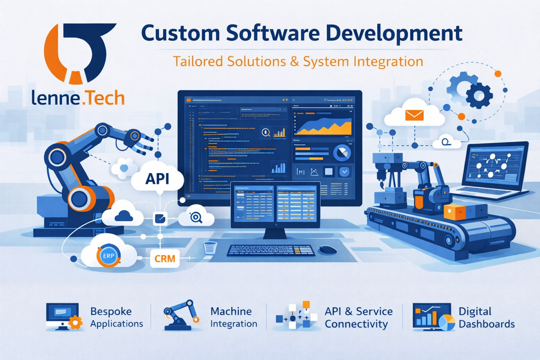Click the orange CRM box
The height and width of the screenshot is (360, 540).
pyautogui.click(x=164, y=258)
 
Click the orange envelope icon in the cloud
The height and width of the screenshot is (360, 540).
pyautogui.click(x=414, y=115)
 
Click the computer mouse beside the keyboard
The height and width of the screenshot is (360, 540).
pyautogui.click(x=327, y=250)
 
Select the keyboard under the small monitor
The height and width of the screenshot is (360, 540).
pyautogui.click(x=271, y=250)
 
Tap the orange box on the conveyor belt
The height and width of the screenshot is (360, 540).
pyautogui.click(x=454, y=213)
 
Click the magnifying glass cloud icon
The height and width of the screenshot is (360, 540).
pyautogui.click(x=196, y=217)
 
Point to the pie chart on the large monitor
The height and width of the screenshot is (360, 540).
pyautogui.click(x=342, y=154)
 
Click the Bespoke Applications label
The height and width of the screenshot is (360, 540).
pyautogui.click(x=116, y=317)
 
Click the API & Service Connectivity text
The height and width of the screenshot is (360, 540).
pyautogui.click(x=359, y=317)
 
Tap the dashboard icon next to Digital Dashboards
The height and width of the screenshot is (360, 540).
pyautogui.click(x=433, y=317)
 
